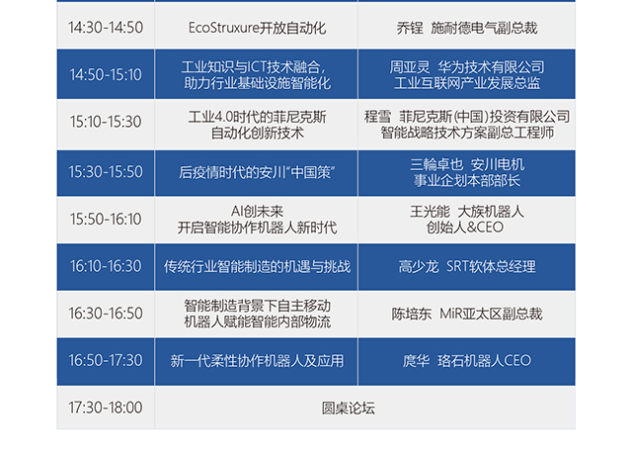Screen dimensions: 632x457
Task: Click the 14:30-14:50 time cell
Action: coord(106,28)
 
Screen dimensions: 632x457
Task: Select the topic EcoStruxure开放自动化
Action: coord(257,28)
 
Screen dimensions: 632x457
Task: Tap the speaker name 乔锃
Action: coord(410,28)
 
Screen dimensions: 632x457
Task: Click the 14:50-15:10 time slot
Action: coord(106,75)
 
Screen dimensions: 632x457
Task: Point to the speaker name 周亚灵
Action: coord(410,67)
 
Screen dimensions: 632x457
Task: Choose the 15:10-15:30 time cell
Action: coord(106,122)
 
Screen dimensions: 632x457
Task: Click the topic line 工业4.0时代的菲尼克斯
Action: coord(257,117)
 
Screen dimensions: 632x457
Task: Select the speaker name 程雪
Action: coord(377,117)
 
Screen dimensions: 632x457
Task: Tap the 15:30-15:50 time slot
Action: coord(106,172)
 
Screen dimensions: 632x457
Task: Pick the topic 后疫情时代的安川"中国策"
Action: coord(257,173)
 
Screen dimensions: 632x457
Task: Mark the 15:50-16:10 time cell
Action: coord(106,220)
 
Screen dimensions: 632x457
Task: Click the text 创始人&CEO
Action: coord(465,228)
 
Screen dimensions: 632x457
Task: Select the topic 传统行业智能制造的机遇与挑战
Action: coord(257,266)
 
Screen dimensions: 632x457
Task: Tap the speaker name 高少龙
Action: coord(419,266)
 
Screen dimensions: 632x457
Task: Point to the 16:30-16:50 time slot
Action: coord(106,314)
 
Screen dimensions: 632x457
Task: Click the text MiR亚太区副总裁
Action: coord(491,314)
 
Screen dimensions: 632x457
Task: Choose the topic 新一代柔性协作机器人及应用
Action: coord(257,361)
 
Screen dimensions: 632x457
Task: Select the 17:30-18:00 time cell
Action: coord(106,408)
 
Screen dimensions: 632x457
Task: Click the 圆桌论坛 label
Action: coord(349,409)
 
